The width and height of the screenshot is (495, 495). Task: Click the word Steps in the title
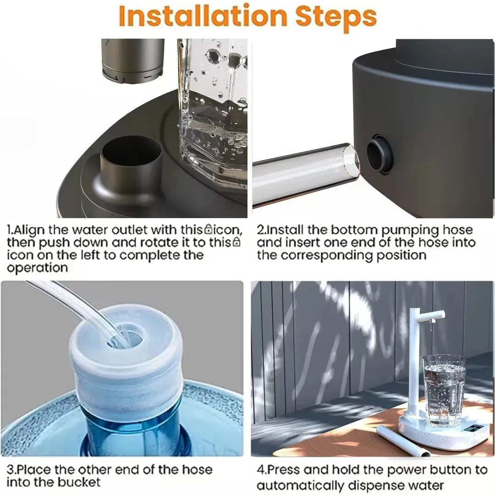[x=336, y=17]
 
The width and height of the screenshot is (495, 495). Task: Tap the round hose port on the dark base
[x=380, y=154]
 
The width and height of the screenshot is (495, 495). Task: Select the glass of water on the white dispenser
[x=444, y=390]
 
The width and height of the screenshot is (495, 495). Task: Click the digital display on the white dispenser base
[x=473, y=429]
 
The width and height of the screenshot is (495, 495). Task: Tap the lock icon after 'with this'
[x=209, y=228]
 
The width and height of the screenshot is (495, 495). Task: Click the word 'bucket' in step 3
[x=78, y=482]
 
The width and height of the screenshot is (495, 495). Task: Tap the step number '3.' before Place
[x=12, y=470]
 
